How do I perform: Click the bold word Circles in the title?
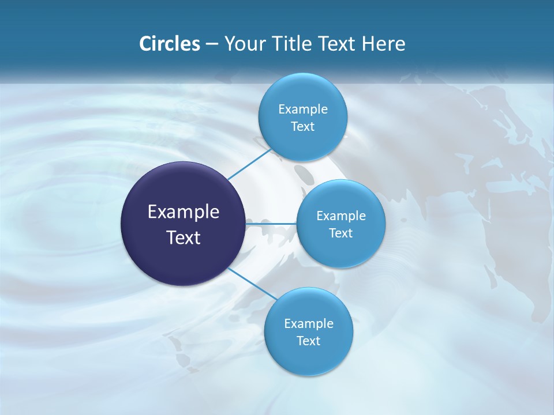(169, 44)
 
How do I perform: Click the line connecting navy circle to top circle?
(249, 164)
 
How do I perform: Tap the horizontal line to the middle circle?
(271, 224)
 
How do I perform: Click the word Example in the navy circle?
(184, 212)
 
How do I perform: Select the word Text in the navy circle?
(184, 237)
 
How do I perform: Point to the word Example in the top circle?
(303, 110)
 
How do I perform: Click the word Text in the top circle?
(303, 127)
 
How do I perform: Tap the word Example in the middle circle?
(341, 216)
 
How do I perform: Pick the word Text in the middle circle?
(341, 233)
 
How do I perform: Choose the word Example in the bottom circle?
(309, 324)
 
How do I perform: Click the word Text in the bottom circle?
(309, 341)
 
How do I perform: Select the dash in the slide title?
(211, 44)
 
